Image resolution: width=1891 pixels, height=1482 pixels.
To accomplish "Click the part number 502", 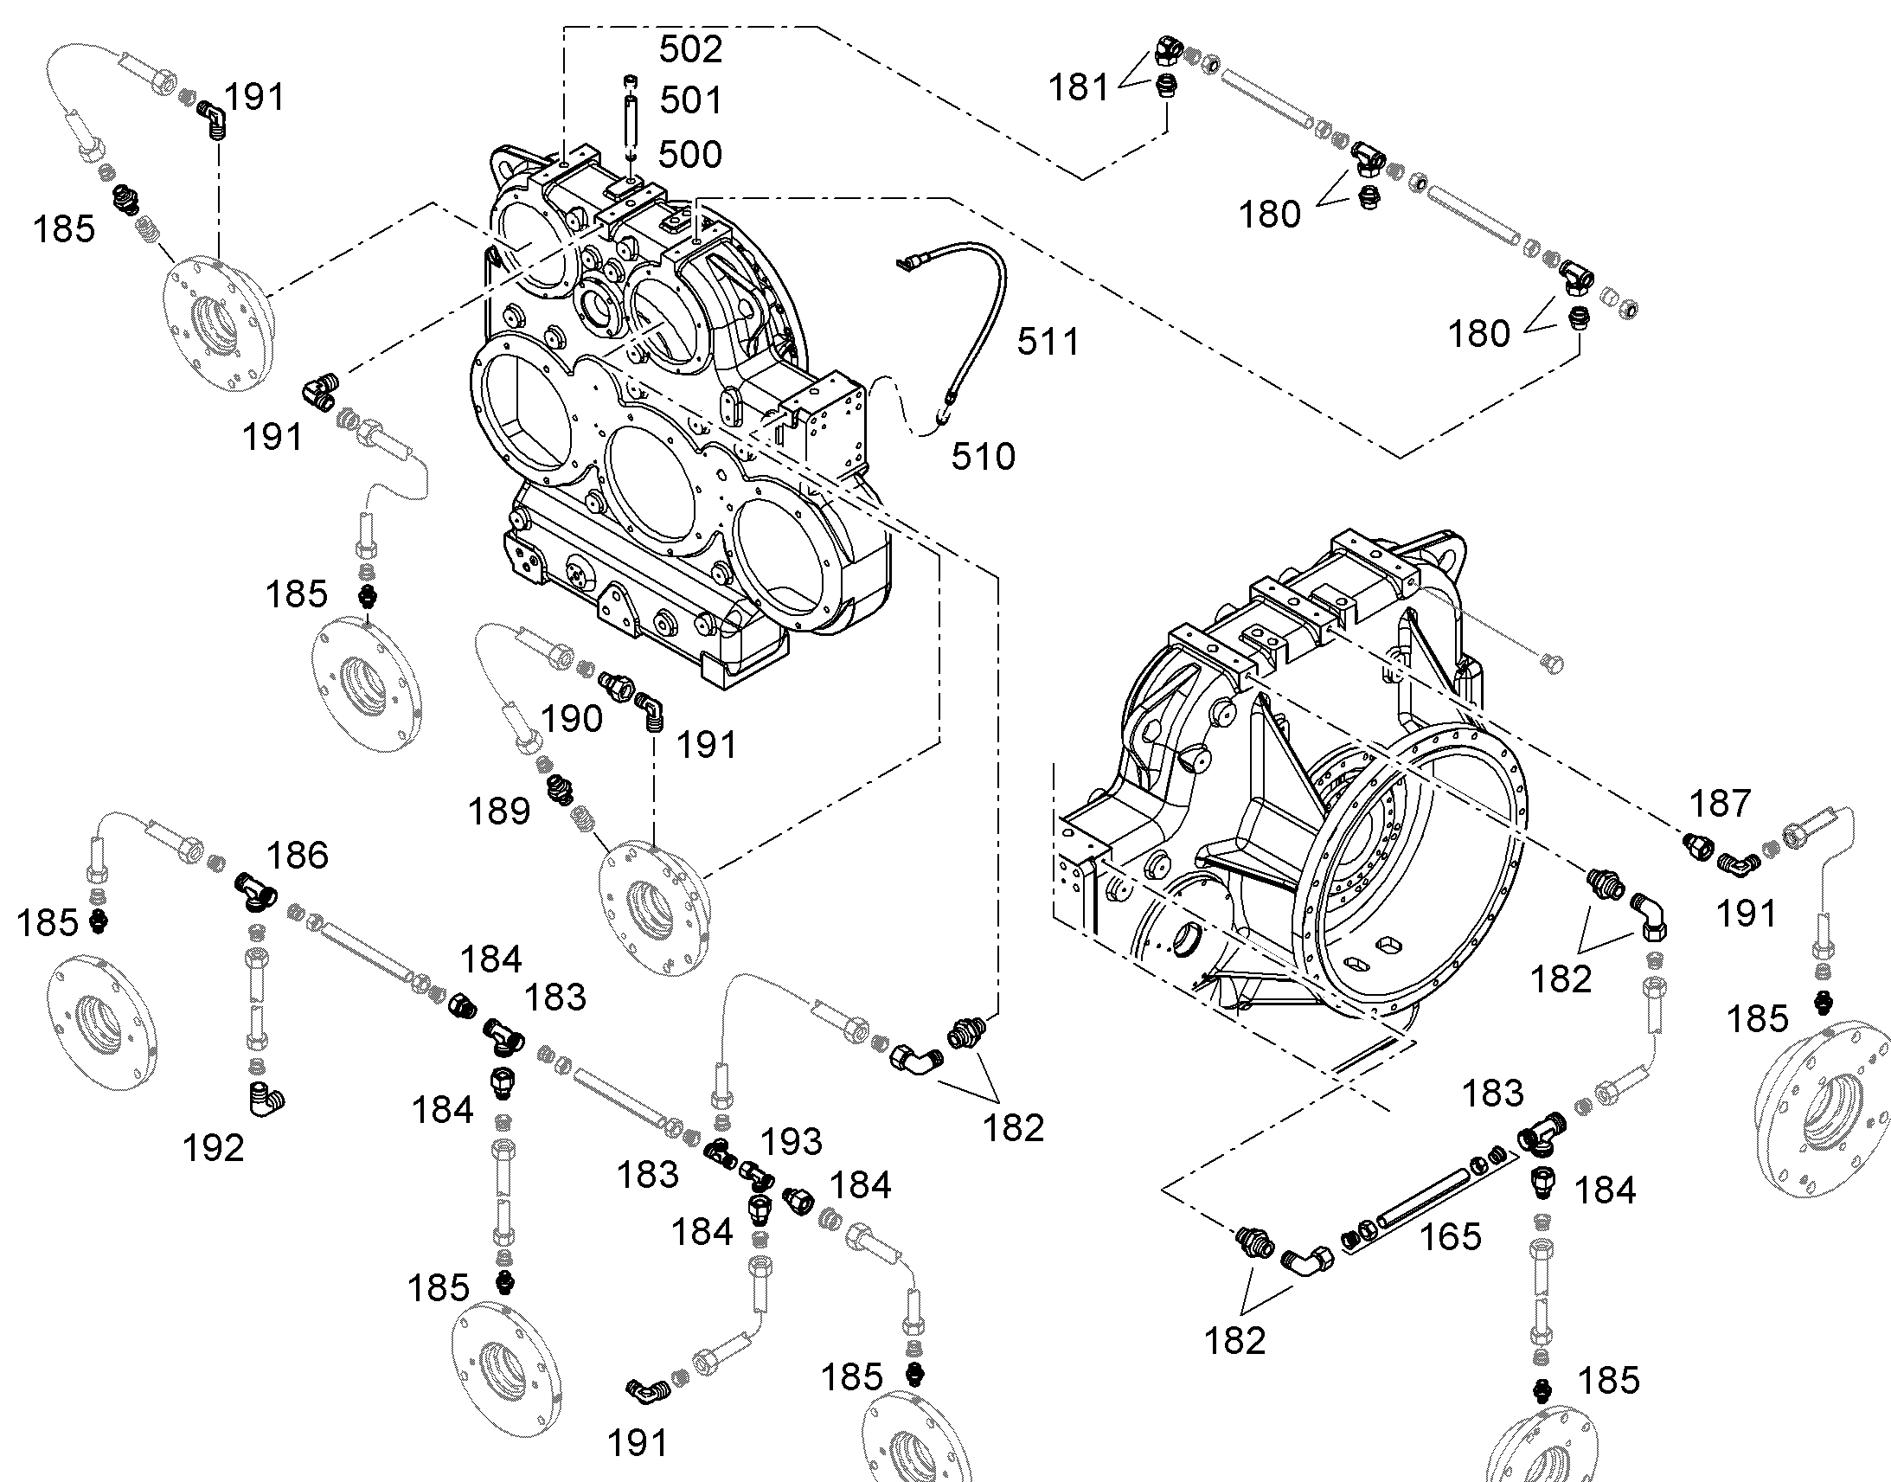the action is click(690, 49).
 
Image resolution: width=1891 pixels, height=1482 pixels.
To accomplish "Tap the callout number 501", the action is click(690, 100).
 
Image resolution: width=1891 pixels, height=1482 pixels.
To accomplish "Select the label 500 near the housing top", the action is click(690, 155).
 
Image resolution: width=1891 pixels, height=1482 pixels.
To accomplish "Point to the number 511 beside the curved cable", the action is click(1048, 342).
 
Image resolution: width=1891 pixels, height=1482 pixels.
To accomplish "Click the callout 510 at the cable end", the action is click(984, 457).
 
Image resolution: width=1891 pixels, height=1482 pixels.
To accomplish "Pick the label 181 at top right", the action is click(1078, 87).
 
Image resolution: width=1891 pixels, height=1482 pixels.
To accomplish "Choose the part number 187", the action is click(1720, 804).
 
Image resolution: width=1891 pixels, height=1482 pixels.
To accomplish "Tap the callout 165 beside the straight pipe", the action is click(1451, 1237).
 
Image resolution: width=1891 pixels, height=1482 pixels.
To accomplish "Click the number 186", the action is click(298, 856).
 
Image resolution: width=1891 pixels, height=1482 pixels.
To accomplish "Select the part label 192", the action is click(214, 1148).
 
